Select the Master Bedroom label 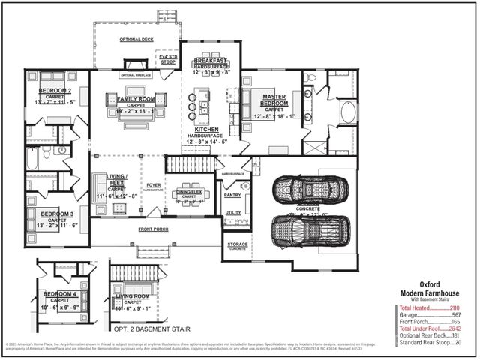coord(268,97)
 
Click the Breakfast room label coord(211,61)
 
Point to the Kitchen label coord(206,129)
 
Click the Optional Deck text coord(136,39)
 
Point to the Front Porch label coord(156,229)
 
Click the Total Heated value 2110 coord(454,307)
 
